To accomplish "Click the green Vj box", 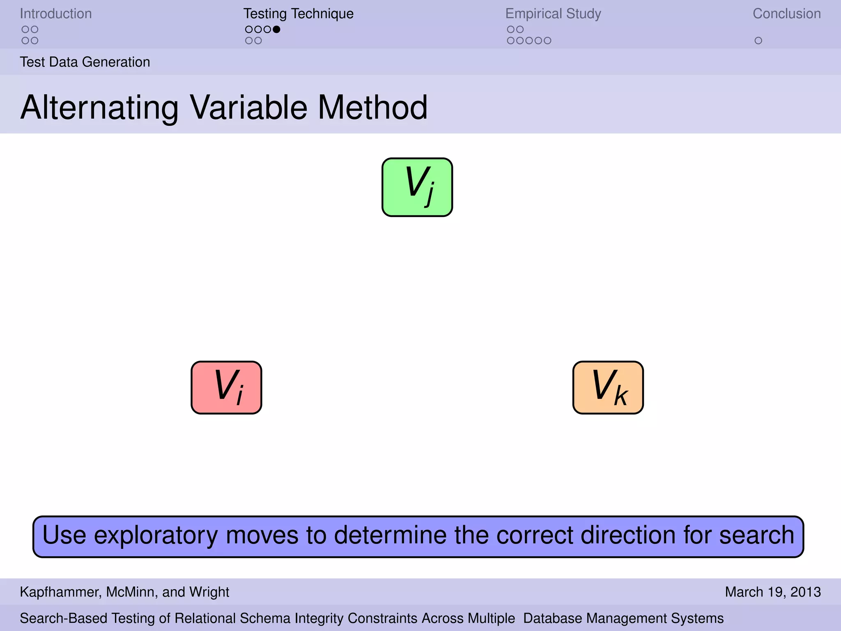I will pyautogui.click(x=417, y=187).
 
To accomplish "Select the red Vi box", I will pyautogui.click(x=226, y=387).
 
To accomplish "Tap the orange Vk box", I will pyautogui.click(x=608, y=387).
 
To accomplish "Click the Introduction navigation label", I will pyautogui.click(x=56, y=14).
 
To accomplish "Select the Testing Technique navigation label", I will pyautogui.click(x=298, y=14).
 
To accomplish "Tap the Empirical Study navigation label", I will pyautogui.click(x=553, y=14).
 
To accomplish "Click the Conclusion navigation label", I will pyautogui.click(x=786, y=14).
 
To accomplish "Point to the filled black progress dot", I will pyautogui.click(x=276, y=29).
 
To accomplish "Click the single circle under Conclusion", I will pyautogui.click(x=758, y=41).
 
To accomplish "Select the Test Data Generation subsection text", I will pyautogui.click(x=85, y=62).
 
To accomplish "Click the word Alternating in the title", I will pyautogui.click(x=99, y=108).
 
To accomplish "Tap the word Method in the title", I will pyautogui.click(x=372, y=108).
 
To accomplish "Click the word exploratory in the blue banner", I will pyautogui.click(x=156, y=536).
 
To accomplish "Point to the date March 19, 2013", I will pyautogui.click(x=772, y=592).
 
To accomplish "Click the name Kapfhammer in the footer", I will pyautogui.click(x=60, y=592).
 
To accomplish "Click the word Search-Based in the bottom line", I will pyautogui.click(x=64, y=618).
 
